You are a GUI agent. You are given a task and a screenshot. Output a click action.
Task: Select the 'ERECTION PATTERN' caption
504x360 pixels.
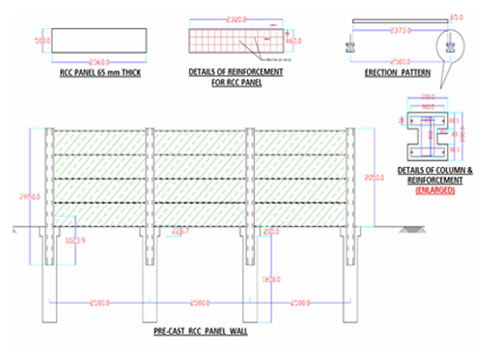[397, 72]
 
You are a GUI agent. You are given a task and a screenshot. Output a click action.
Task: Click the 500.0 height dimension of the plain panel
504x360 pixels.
[42, 42]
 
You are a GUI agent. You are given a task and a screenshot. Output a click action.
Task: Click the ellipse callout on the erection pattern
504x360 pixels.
[451, 43]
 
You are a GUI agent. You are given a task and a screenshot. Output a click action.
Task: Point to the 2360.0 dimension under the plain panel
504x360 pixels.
[98, 60]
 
